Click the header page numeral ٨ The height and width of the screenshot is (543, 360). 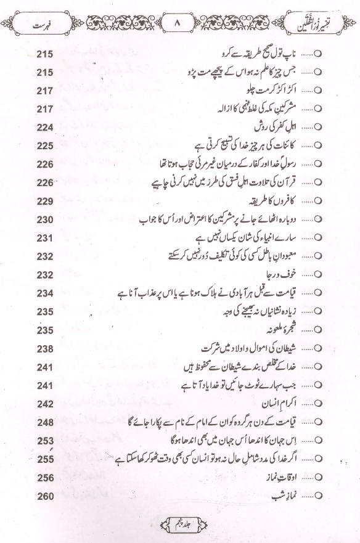[x=179, y=25]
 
